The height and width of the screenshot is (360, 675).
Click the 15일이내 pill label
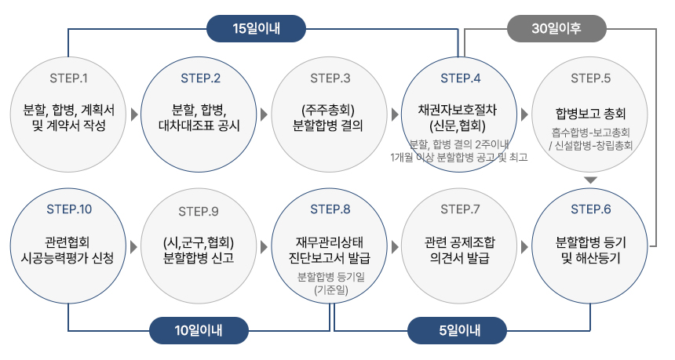click(x=256, y=29)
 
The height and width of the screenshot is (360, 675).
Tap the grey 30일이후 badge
click(x=556, y=29)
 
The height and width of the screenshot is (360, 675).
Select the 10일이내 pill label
click(x=199, y=330)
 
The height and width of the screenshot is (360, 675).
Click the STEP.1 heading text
click(x=68, y=78)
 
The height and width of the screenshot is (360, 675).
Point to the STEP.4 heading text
click(x=460, y=78)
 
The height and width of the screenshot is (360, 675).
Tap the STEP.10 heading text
click(x=69, y=209)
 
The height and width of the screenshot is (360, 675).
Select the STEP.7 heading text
click(x=460, y=209)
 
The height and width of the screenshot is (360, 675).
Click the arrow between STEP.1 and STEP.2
click(x=134, y=115)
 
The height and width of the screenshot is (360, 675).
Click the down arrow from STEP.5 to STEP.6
click(x=590, y=180)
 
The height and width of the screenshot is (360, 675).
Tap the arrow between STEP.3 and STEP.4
click(x=395, y=115)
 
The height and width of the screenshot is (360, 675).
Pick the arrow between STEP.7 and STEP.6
click(x=524, y=247)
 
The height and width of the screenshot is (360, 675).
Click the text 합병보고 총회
click(x=590, y=114)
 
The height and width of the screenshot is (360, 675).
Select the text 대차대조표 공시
click(x=199, y=125)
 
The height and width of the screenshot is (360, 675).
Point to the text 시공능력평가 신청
click(x=67, y=257)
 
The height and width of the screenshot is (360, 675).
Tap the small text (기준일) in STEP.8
click(x=331, y=290)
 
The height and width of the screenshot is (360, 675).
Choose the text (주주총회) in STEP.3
click(x=328, y=110)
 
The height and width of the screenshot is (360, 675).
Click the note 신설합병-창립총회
click(x=593, y=145)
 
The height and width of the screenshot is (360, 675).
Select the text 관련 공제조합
click(x=459, y=242)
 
